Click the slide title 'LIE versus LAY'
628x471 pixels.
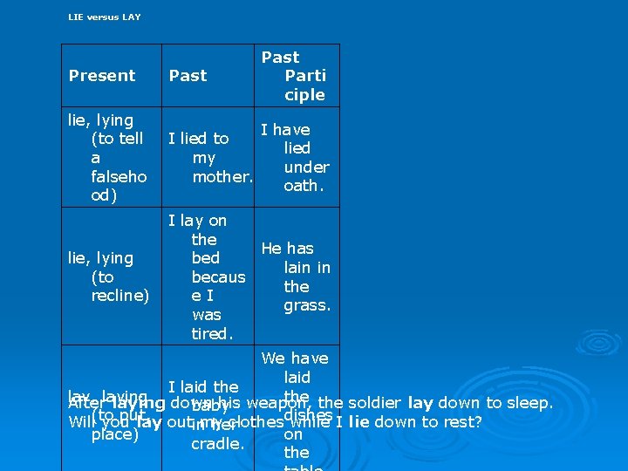pyautogui.click(x=104, y=17)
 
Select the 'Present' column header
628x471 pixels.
pyautogui.click(x=102, y=76)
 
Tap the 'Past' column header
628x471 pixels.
pyautogui.click(x=188, y=76)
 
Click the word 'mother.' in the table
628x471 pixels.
pyautogui.click(x=222, y=176)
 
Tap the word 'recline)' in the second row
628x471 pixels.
pyautogui.click(x=120, y=296)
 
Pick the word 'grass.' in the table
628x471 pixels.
pyautogui.click(x=307, y=305)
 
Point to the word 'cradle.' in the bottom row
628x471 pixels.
pyautogui.click(x=217, y=444)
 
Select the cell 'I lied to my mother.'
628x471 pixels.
pyautogui.click(x=209, y=157)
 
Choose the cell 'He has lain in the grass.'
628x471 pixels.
pyautogui.click(x=295, y=276)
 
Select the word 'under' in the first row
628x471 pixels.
pyautogui.click(x=306, y=167)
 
